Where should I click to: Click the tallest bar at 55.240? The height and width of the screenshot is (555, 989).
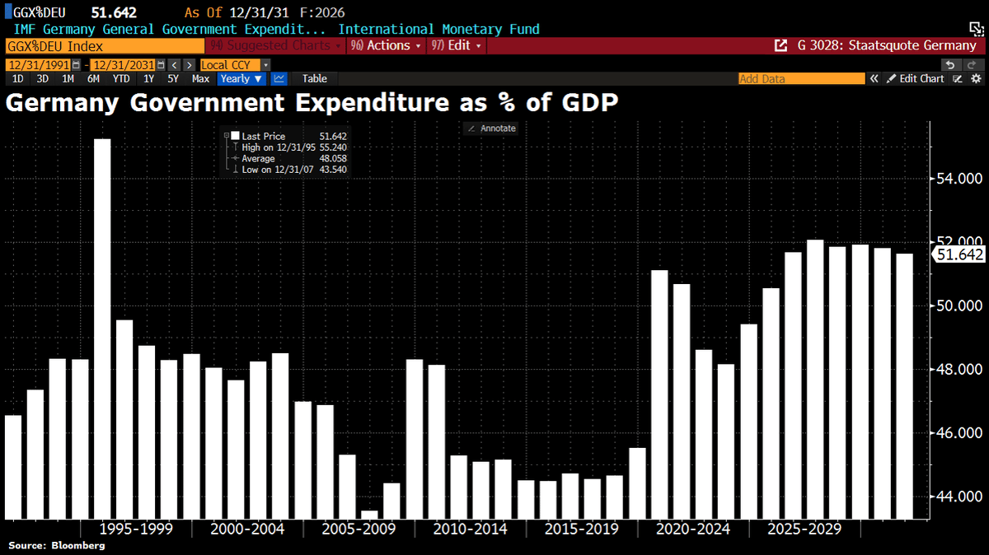[102, 329]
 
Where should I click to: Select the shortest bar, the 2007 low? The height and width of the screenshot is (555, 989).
[369, 515]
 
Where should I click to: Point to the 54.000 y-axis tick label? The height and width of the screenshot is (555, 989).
[958, 179]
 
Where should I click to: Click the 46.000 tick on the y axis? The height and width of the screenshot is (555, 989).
[958, 433]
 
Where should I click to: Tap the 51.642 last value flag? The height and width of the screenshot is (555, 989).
[959, 254]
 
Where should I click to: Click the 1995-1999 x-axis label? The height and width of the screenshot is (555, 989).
[135, 529]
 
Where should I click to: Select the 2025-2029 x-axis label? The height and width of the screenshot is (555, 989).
[804, 529]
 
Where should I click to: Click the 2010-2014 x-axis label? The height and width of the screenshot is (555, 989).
[470, 529]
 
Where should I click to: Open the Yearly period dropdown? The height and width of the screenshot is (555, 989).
[241, 79]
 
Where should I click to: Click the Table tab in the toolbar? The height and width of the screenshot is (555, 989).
[314, 79]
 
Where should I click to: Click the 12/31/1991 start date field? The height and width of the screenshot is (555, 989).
[40, 64]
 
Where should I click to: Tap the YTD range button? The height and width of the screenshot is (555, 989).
[121, 79]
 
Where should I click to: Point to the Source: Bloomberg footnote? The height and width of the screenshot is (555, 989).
[57, 546]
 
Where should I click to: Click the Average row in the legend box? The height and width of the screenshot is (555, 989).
[258, 158]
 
